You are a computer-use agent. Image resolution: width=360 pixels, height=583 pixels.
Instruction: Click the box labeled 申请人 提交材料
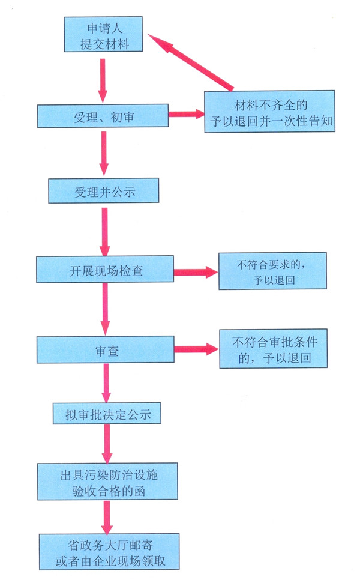(104, 35)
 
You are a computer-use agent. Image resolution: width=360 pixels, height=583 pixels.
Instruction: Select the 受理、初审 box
(103, 116)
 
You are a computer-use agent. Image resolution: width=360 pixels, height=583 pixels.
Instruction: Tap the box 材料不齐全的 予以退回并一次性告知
(268, 111)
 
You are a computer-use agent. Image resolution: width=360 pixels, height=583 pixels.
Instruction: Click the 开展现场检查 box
(104, 270)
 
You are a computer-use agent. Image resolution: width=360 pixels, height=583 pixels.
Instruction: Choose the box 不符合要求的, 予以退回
(274, 271)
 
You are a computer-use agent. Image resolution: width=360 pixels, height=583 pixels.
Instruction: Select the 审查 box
(104, 350)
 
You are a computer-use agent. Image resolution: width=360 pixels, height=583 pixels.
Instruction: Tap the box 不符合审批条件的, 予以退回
(274, 349)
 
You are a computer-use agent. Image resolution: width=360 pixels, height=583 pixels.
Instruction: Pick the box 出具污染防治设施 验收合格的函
(108, 481)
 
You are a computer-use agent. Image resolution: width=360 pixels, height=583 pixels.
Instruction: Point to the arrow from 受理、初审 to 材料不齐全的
(186, 113)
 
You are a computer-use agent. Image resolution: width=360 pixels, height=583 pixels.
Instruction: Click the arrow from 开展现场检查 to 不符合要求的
(196, 272)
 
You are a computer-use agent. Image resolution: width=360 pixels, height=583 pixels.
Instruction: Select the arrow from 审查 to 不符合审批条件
(196, 348)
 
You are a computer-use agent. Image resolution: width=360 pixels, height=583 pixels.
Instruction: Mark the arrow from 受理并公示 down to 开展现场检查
(105, 231)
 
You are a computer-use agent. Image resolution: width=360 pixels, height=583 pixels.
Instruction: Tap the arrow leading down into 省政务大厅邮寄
(109, 515)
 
